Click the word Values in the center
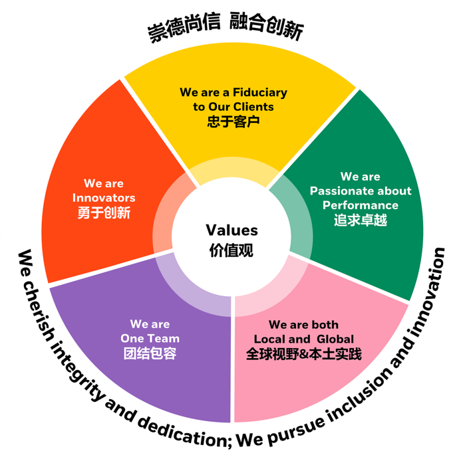(x=231, y=230)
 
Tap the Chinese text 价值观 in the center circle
(x=231, y=250)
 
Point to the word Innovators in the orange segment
(x=104, y=198)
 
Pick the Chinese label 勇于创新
(x=104, y=213)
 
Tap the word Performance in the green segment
(x=361, y=205)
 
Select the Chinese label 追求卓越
(x=360, y=221)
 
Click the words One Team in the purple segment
(x=150, y=339)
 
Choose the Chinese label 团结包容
(x=150, y=354)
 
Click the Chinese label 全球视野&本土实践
(x=303, y=354)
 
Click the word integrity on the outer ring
(x=73, y=359)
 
